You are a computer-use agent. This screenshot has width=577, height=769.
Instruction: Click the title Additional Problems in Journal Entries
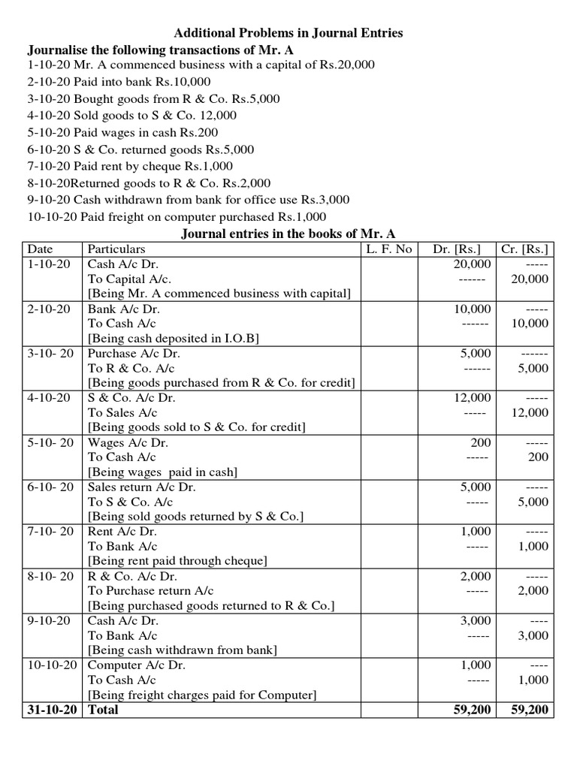click(288, 33)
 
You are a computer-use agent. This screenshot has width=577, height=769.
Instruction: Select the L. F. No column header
click(389, 249)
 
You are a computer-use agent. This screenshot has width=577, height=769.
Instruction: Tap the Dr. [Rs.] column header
click(458, 249)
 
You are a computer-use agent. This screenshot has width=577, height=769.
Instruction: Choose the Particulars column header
click(116, 249)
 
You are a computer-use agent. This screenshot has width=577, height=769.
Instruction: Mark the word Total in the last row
click(103, 709)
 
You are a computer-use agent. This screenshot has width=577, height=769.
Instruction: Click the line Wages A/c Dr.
click(128, 442)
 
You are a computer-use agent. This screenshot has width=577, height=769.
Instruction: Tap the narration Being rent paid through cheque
click(177, 561)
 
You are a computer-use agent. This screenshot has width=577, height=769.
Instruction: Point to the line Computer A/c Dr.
click(137, 665)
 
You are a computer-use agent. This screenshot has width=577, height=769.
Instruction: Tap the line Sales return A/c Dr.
click(142, 487)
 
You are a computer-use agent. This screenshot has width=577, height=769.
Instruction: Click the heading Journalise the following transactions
click(160, 50)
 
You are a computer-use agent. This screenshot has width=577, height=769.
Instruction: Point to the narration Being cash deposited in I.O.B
click(174, 338)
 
